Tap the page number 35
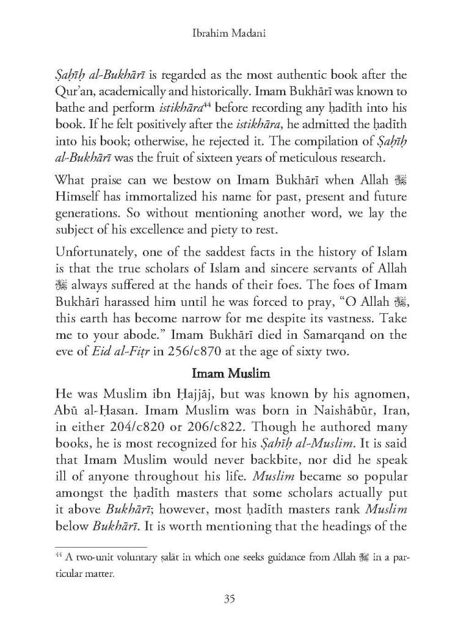click(229, 599)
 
